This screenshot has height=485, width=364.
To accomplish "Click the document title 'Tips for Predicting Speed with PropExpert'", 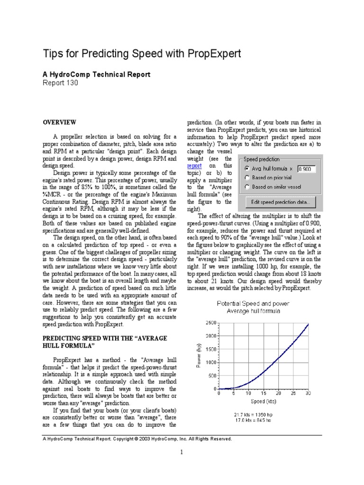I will [142, 54].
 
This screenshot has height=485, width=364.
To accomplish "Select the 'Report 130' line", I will [61, 83].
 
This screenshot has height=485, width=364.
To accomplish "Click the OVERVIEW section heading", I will [60, 122].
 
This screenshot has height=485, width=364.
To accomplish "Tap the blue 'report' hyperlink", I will [194, 166].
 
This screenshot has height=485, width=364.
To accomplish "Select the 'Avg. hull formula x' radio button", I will [247, 169].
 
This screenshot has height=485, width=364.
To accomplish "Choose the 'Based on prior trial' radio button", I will [247, 178].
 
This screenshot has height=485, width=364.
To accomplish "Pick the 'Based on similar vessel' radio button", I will [247, 187].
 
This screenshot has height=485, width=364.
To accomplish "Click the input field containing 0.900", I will [307, 169].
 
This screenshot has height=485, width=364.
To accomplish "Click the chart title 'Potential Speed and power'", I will [253, 303].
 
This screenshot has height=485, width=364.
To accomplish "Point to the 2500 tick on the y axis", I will [210, 323].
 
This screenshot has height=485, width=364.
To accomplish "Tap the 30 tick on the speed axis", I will [309, 393].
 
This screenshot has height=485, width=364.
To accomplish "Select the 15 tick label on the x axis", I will [264, 393].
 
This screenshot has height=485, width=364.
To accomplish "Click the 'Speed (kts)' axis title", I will [264, 401].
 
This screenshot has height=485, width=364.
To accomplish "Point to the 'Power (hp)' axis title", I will [199, 356].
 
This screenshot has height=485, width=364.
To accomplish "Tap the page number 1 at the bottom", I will [181, 452].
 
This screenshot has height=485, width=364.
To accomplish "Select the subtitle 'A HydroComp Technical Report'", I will [97, 74].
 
